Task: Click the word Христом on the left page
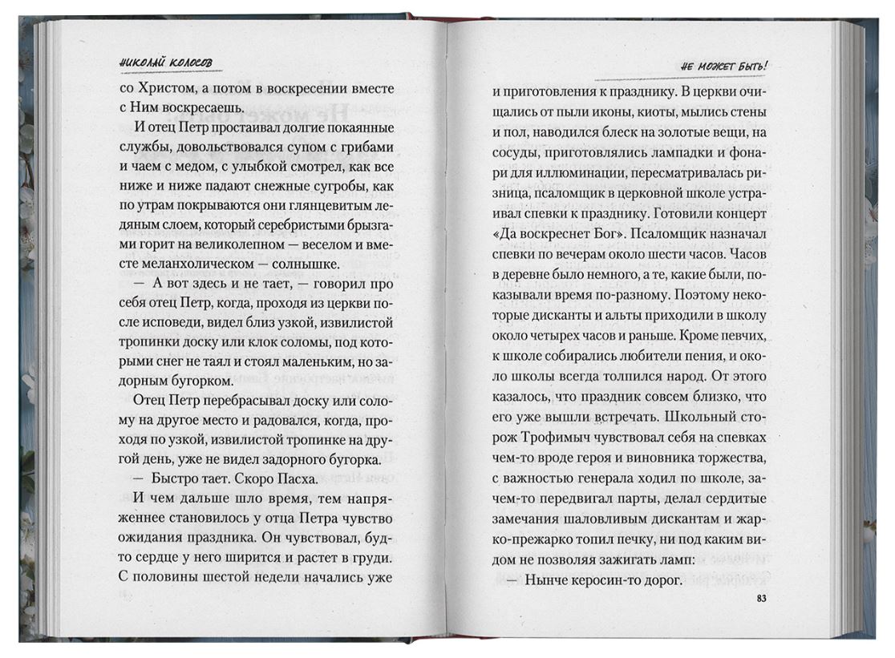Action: point(171,89)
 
